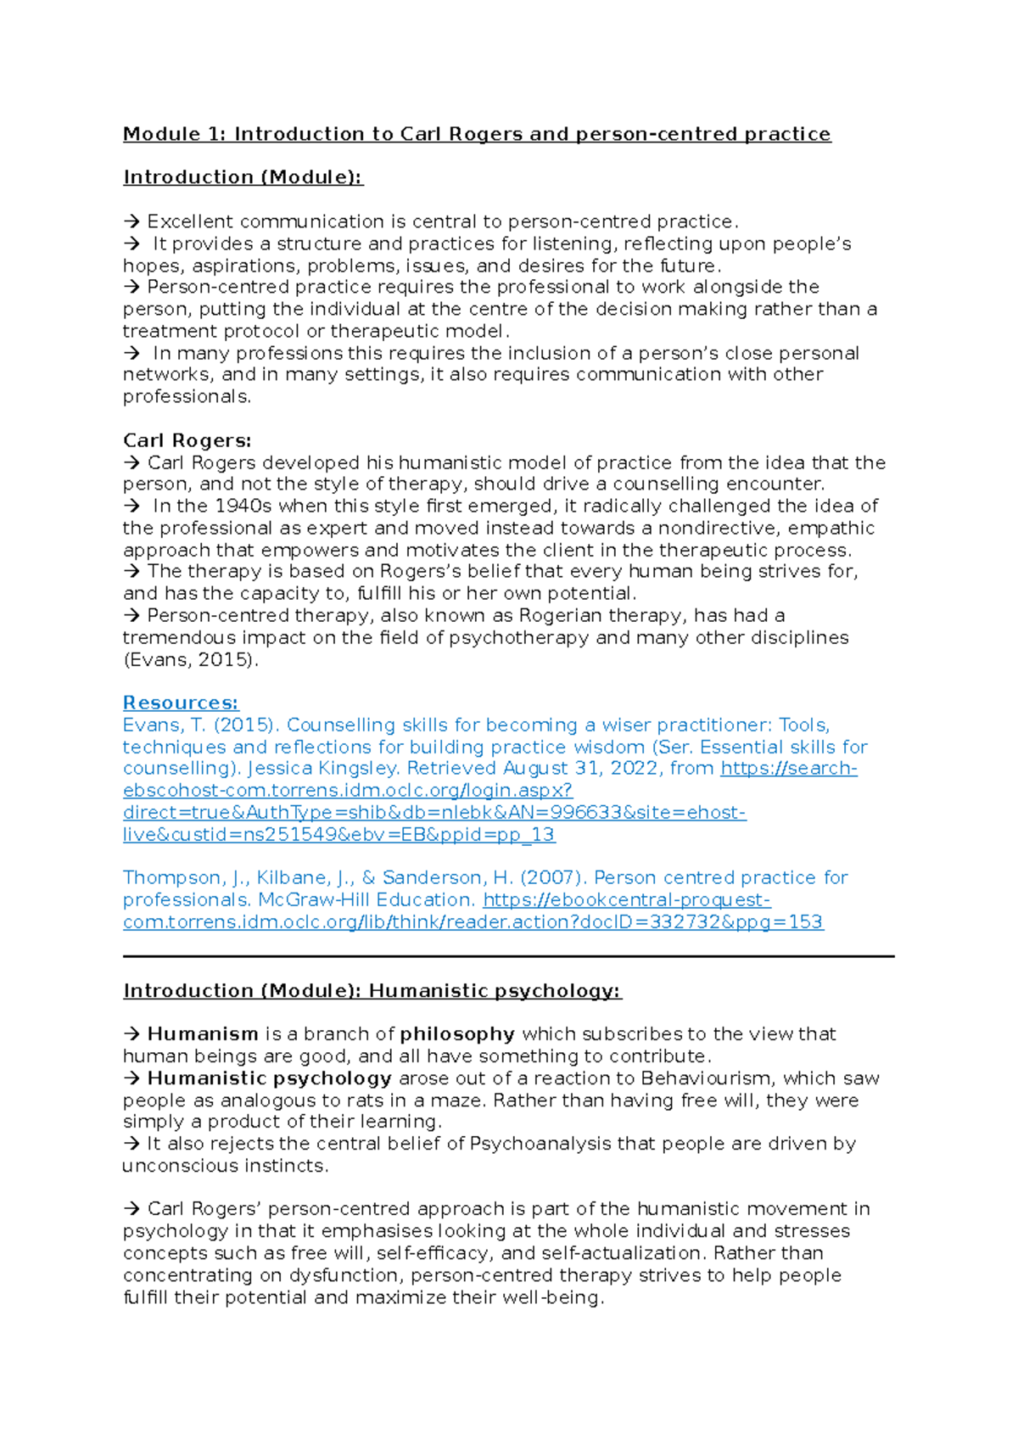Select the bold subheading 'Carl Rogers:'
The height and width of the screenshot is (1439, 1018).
(x=187, y=440)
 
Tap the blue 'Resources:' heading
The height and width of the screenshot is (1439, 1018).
(x=181, y=703)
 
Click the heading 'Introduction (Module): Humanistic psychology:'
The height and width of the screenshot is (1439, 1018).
(x=372, y=990)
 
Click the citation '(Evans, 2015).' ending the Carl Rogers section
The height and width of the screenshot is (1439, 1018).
(x=190, y=659)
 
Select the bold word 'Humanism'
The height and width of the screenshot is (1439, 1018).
(x=203, y=1033)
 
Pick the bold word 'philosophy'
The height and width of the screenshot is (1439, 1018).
(x=457, y=1033)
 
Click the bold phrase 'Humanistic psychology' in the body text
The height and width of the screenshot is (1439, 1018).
(x=269, y=1078)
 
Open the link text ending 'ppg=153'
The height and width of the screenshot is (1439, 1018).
(x=473, y=921)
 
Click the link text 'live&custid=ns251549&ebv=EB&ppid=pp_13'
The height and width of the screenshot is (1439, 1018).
(x=338, y=834)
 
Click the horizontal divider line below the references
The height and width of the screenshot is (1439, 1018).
(x=509, y=956)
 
